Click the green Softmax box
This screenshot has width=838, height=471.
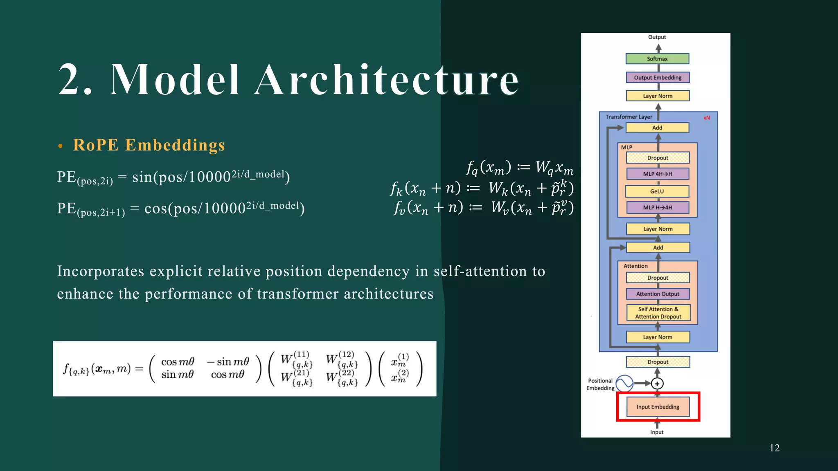[x=657, y=59]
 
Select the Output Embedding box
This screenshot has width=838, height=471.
[x=658, y=78]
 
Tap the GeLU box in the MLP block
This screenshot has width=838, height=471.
[x=657, y=191]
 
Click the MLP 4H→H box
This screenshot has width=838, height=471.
[x=658, y=174]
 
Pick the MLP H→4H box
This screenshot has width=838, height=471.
[x=658, y=207]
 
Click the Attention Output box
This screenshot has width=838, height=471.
[x=658, y=294]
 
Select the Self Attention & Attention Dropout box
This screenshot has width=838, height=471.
[x=658, y=313]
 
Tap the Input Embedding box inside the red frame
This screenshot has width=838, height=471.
[x=658, y=407]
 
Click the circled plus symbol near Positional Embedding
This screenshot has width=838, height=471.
[x=657, y=384]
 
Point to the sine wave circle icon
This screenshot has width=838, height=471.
[x=624, y=384]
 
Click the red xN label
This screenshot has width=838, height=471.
[x=707, y=118]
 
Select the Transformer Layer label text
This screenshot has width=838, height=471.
[x=629, y=117]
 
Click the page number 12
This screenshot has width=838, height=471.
[x=774, y=448]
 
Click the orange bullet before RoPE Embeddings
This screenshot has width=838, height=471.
[x=61, y=146]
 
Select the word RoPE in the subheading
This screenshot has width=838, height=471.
[x=96, y=145]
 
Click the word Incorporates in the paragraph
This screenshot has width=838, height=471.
[x=101, y=271]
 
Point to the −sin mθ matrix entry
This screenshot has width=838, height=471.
[x=228, y=362]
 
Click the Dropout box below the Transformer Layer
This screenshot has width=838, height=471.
[x=658, y=362]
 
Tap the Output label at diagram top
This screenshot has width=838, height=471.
[x=657, y=37]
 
